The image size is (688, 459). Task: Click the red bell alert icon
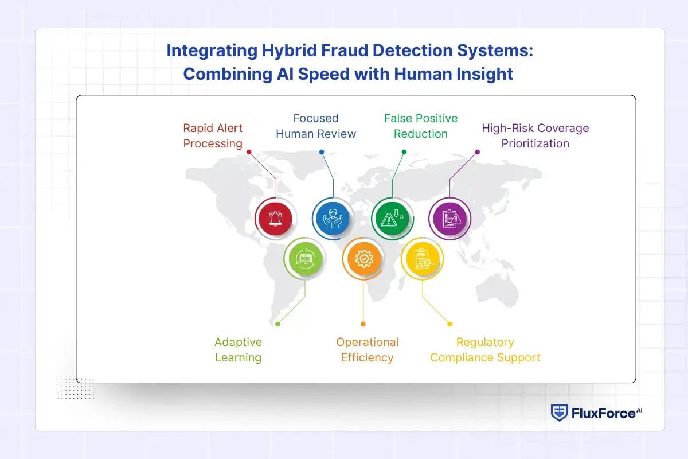point(276,219)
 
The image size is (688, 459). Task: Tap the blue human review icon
point(331,219)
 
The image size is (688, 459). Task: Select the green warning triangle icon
point(392,219)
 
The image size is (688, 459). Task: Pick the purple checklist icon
point(449,219)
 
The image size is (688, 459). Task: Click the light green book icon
point(304,259)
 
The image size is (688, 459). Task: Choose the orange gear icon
point(363,259)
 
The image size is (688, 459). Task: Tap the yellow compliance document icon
point(422,259)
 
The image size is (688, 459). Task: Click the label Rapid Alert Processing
point(213,135)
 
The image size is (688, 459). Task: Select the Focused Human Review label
point(316,126)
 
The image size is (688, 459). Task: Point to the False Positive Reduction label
point(421,126)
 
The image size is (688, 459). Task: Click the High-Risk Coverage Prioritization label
point(535,135)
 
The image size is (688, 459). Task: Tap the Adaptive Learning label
point(238,349)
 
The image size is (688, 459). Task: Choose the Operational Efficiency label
point(367,349)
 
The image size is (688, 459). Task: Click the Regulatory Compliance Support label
point(485,349)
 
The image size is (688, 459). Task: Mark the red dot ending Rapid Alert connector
point(248,152)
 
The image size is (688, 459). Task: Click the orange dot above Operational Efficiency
point(363,324)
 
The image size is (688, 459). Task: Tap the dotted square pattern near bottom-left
point(75,388)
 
